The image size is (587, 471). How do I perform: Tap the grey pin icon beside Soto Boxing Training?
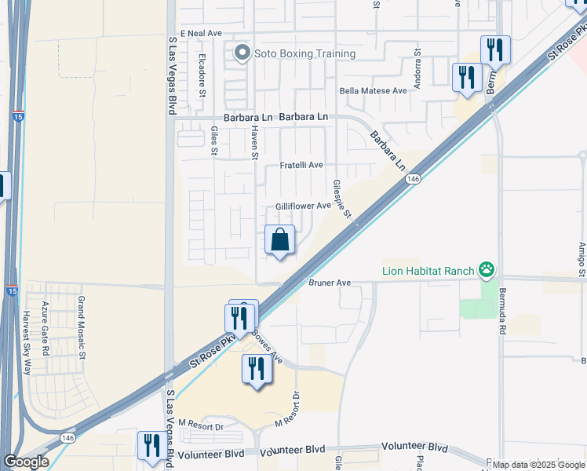point(242,53)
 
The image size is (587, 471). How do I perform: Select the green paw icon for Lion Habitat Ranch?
point(487,271)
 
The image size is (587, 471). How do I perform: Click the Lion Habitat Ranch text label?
point(428,272)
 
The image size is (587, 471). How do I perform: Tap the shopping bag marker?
point(280,240)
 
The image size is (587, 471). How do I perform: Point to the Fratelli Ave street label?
point(302,166)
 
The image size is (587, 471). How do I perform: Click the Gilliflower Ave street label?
point(303,206)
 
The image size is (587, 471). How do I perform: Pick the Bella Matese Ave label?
point(373,90)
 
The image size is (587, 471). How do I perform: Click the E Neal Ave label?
point(202,34)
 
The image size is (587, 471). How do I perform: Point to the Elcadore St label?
point(202,76)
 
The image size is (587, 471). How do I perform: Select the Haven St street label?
point(255,144)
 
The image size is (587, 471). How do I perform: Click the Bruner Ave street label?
point(329,283)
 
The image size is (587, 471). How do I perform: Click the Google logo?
point(27,462)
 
